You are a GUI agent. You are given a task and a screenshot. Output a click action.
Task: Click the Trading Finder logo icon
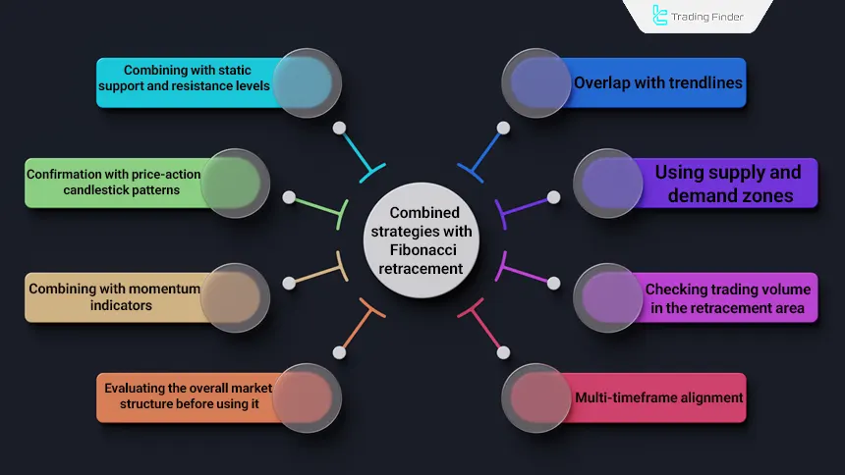pyautogui.click(x=660, y=16)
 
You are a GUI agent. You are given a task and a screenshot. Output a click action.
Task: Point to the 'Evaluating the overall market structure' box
pyautogui.click(x=187, y=397)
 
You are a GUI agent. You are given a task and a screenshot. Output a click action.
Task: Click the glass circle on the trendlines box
pyautogui.click(x=536, y=83)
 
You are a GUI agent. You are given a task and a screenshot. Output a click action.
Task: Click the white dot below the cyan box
pyautogui.click(x=339, y=128)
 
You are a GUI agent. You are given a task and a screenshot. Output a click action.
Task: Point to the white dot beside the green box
pyautogui.click(x=289, y=197)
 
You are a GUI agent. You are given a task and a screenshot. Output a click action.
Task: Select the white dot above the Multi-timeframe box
pyautogui.click(x=503, y=351)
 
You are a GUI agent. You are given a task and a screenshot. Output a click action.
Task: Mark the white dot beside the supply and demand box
pyautogui.click(x=553, y=197)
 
